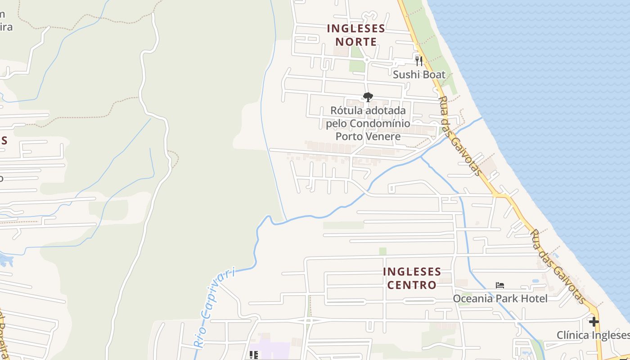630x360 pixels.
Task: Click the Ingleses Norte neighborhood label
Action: (356, 35)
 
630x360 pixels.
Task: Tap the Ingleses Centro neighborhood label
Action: (412, 278)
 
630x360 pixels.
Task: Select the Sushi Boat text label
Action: (419, 75)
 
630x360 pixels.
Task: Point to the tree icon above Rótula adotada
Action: (368, 97)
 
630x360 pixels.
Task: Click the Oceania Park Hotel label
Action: (500, 298)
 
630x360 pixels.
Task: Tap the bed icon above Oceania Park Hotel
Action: (499, 285)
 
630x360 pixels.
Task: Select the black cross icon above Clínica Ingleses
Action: (594, 321)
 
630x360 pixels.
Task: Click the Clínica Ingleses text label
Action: (593, 335)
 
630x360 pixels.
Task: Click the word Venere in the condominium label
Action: (382, 136)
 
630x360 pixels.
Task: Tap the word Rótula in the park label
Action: (346, 110)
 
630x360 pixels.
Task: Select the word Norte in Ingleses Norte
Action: (356, 42)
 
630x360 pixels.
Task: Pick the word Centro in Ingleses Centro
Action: (412, 285)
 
